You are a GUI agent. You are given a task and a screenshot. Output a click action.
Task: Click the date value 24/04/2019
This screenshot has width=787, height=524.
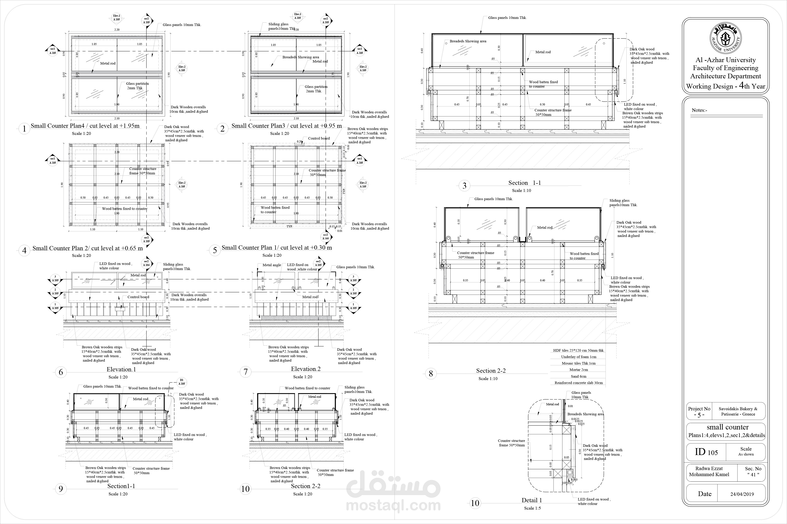[x=742, y=494]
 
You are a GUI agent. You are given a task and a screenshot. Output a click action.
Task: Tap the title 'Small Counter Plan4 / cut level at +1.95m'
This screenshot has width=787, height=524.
[x=85, y=126]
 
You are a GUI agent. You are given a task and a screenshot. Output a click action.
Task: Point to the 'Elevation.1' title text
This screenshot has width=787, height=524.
[x=121, y=369]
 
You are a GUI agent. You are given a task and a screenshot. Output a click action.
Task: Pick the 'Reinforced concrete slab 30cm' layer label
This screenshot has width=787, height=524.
[x=579, y=383]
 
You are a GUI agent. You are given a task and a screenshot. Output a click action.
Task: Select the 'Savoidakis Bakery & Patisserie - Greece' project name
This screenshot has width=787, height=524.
[x=738, y=411]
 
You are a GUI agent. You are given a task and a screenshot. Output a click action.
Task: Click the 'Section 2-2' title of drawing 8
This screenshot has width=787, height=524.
[x=491, y=371]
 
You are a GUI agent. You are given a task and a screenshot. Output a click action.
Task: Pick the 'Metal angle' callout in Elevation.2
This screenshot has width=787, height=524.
[x=272, y=265]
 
